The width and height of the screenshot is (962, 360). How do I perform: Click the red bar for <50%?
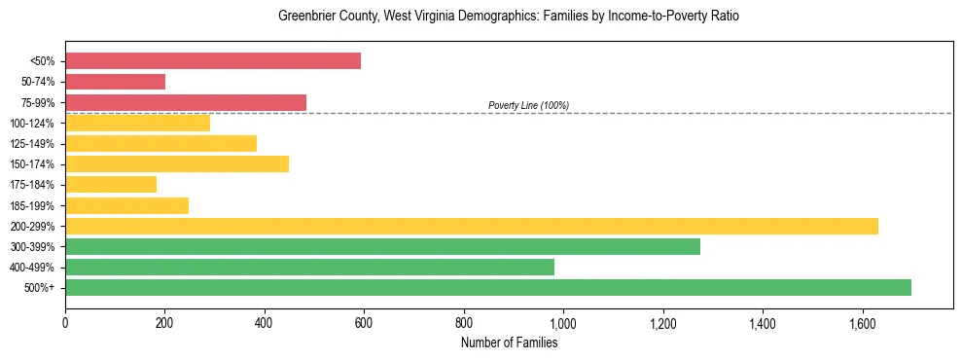pyautogui.click(x=213, y=61)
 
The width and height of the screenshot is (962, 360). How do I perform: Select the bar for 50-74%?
pyautogui.click(x=115, y=82)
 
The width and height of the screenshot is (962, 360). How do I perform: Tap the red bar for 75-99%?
pyautogui.click(x=186, y=102)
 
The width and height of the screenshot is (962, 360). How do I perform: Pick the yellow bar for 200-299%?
pyautogui.click(x=472, y=226)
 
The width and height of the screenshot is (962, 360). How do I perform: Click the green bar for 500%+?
pyautogui.click(x=488, y=287)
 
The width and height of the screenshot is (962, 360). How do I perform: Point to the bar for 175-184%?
pyautogui.click(x=111, y=184)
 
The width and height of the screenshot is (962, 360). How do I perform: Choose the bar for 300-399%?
pyautogui.click(x=382, y=246)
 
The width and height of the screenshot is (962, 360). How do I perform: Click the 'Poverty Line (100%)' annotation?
pyautogui.click(x=528, y=105)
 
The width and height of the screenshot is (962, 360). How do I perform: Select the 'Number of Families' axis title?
pyautogui.click(x=509, y=342)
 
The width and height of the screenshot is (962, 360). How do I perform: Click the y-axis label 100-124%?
pyautogui.click(x=32, y=124)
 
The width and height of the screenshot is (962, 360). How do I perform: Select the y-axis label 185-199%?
pyautogui.click(x=32, y=205)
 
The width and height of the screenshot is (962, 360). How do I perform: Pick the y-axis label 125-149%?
pyautogui.click(x=32, y=144)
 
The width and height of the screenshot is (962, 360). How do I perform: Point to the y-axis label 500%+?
pyautogui.click(x=39, y=288)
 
